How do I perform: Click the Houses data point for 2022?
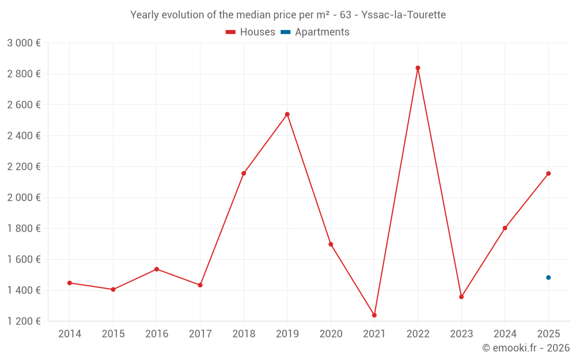pos(418,68)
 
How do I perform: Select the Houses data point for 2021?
pos(374,315)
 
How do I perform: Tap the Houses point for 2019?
pos(287,114)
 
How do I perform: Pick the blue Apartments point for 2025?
pos(548,278)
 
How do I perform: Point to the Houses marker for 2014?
pos(69,283)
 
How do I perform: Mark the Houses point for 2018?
pos(244,173)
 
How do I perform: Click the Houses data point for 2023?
pos(461,297)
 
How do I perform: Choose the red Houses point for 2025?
pos(548,173)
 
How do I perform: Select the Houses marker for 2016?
pos(157,269)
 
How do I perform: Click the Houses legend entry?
pos(251,32)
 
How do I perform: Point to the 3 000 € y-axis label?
pos(24,43)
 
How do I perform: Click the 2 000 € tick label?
pos(24,198)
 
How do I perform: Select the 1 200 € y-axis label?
pos(24,321)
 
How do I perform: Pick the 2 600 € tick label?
pos(24,105)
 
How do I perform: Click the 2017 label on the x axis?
pos(200,334)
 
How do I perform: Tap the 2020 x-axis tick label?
pos(331,334)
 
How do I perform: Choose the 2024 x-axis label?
pos(505,334)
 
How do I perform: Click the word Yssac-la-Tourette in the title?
pos(403,15)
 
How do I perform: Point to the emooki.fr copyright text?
pos(526,348)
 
